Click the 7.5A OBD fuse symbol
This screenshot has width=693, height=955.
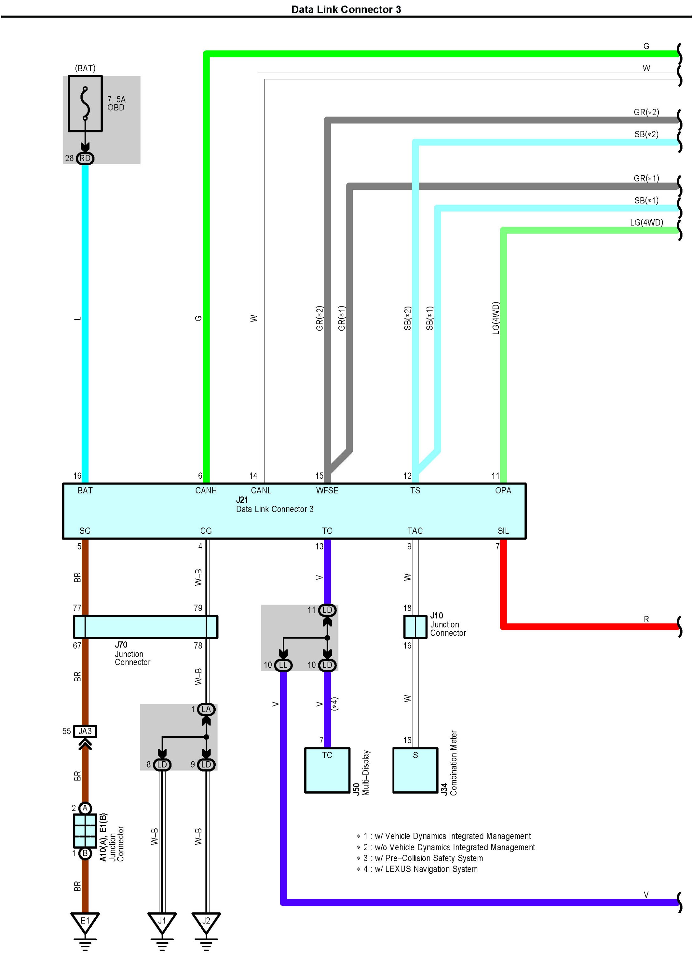coord(85,103)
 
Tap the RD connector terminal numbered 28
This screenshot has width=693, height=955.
coord(85,158)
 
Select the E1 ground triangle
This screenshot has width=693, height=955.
coord(85,921)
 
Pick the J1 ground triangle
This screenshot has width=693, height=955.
coord(162,921)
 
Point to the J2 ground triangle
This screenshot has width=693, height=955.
coord(206,921)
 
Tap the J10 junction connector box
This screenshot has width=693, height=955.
coord(415,626)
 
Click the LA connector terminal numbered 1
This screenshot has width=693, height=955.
coord(206,709)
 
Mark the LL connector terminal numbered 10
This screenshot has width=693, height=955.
coord(283,665)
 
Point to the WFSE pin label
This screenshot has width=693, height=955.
coord(327,491)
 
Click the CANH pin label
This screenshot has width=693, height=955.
coord(206,491)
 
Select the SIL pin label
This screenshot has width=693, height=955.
coord(503,531)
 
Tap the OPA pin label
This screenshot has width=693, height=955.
coord(503,491)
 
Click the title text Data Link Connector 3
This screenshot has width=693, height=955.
coord(346,9)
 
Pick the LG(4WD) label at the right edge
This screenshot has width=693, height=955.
coord(646,222)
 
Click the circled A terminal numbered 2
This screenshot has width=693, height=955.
coord(85,808)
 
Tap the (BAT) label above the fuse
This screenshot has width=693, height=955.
coord(85,68)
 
